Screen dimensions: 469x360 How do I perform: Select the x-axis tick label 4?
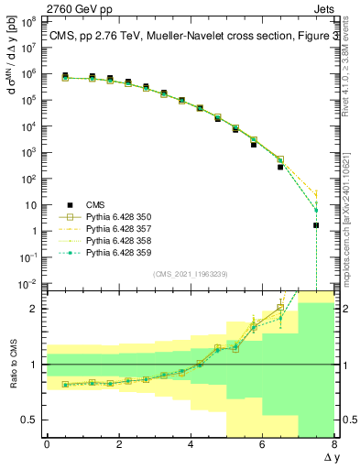click(x=191, y=444)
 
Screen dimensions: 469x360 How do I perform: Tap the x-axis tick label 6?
click(x=262, y=444)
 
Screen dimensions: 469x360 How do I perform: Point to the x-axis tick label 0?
click(x=47, y=444)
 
